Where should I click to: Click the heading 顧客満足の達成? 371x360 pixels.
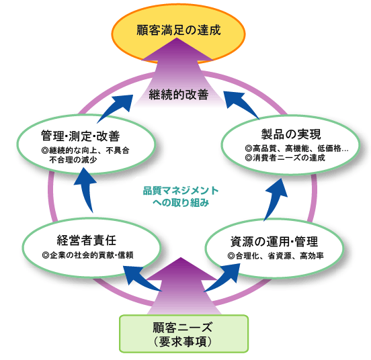[179, 30]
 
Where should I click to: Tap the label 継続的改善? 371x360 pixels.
[179, 95]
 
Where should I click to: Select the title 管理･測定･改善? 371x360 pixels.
[81, 136]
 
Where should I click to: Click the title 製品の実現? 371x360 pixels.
[291, 134]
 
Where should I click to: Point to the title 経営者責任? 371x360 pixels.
[87, 240]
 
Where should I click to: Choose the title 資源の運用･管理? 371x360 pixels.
[274, 241]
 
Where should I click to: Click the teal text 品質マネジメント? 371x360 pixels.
[181, 191]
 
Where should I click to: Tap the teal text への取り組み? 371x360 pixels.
[181, 203]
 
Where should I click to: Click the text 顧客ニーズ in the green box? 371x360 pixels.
[182, 327]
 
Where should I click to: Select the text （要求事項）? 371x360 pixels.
[182, 342]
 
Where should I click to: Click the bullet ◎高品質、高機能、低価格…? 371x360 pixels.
[296, 148]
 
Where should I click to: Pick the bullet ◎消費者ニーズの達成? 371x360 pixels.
[285, 158]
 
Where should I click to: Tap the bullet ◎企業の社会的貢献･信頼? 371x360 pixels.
[87, 255]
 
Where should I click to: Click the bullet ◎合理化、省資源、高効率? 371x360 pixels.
[276, 256]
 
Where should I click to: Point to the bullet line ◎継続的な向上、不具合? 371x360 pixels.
[85, 150]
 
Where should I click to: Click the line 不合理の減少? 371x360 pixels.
[73, 160]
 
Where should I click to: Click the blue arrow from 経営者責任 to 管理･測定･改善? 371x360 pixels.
[85, 190]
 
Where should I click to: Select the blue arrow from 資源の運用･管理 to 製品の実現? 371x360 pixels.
[275, 199]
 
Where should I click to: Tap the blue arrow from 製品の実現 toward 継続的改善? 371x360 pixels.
[242, 105]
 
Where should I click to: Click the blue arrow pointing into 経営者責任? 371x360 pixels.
[142, 279]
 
